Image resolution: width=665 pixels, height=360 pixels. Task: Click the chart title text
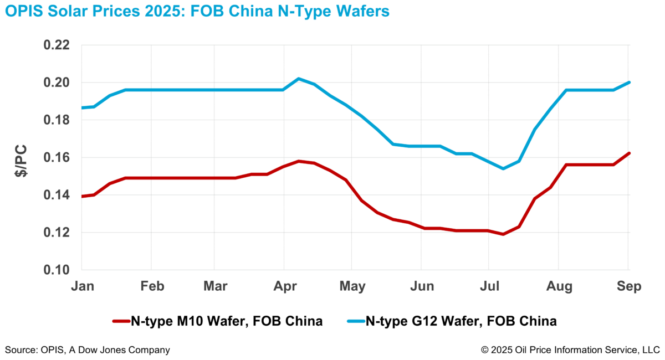(198, 12)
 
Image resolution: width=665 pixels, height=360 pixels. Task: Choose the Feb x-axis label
(153, 286)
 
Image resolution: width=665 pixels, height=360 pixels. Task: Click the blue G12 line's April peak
(299, 79)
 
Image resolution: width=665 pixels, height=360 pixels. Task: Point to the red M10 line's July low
(503, 234)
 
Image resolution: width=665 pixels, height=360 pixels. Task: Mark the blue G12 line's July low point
(503, 168)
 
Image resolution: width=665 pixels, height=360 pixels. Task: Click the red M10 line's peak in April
(299, 161)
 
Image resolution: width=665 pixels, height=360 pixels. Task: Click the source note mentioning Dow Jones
(88, 350)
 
